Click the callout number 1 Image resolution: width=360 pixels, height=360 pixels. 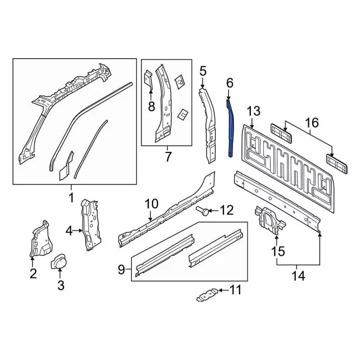[x=71, y=197]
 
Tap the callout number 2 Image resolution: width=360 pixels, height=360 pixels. [x=33, y=274]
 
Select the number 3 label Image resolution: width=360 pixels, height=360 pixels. [x=61, y=286]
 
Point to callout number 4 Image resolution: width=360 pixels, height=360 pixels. [x=69, y=230]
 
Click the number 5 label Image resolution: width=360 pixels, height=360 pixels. [x=202, y=70]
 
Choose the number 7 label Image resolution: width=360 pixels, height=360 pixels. [x=167, y=156]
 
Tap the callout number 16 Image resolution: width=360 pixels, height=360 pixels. [x=311, y=123]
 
